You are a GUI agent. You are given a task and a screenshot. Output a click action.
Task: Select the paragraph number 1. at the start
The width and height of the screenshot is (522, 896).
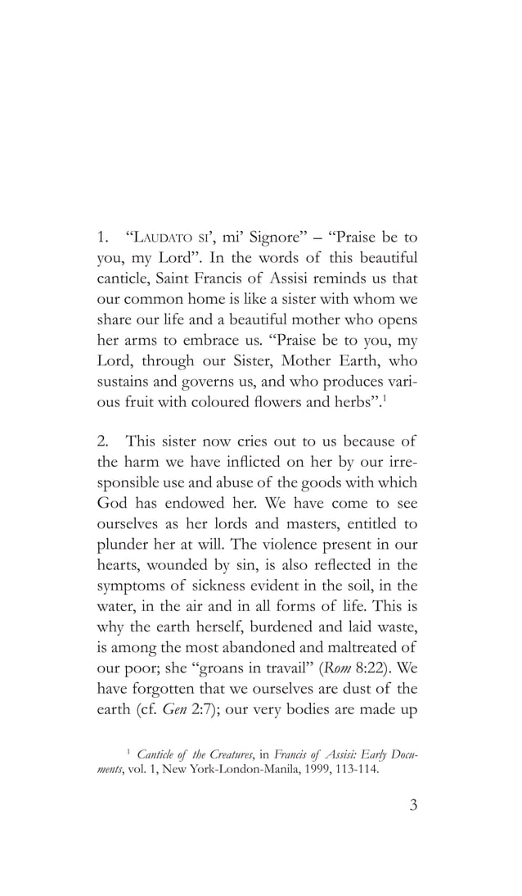click(x=103, y=238)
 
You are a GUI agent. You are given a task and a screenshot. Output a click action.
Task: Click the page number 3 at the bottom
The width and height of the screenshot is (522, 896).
click(x=413, y=805)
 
